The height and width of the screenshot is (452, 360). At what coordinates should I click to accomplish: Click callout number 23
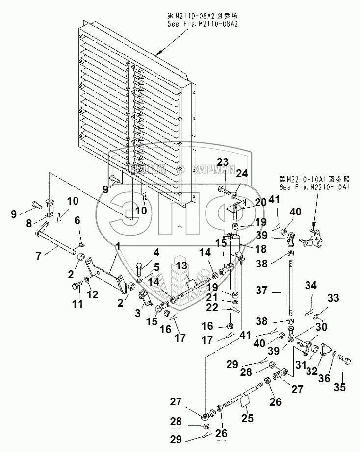pos(223,162)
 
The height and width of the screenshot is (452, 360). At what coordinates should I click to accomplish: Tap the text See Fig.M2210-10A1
pos(313,187)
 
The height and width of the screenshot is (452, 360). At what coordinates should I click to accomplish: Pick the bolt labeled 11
pos(77,284)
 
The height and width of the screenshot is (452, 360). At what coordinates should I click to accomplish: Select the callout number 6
pos(77,221)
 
